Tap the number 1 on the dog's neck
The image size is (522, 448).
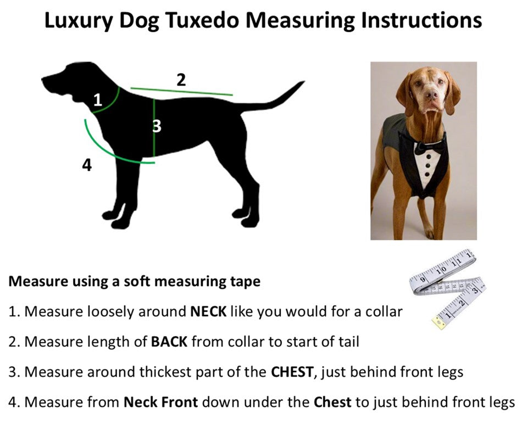pyautogui.click(x=98, y=99)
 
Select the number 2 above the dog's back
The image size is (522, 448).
pyautogui.click(x=181, y=80)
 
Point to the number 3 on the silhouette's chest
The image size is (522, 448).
pyautogui.click(x=157, y=126)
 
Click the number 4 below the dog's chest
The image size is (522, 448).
pyautogui.click(x=87, y=165)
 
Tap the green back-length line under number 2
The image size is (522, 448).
pyautogui.click(x=182, y=92)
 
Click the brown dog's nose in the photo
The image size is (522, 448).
pyautogui.click(x=431, y=95)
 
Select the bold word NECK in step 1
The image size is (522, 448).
pyautogui.click(x=208, y=312)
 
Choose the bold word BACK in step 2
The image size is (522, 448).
pyautogui.click(x=169, y=342)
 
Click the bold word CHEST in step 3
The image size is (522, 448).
pyautogui.click(x=292, y=372)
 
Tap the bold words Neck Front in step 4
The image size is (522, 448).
pyautogui.click(x=161, y=402)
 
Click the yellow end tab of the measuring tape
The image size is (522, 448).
pyautogui.click(x=438, y=323)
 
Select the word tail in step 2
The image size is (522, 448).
pyautogui.click(x=349, y=342)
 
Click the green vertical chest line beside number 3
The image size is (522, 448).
pyautogui.click(x=154, y=127)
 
